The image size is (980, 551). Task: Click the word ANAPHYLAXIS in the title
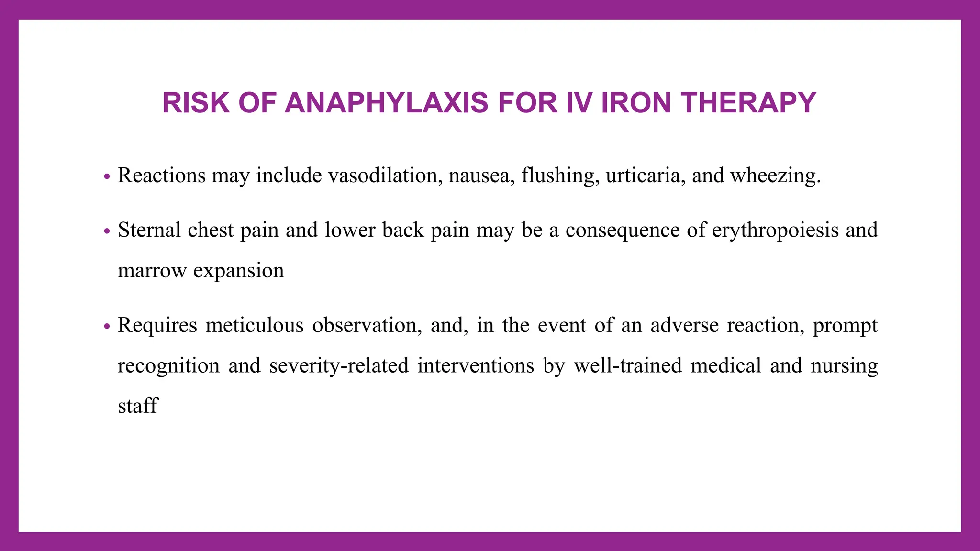[x=386, y=103]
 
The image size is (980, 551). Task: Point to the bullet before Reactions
[x=107, y=176]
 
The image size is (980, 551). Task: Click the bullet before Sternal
[x=107, y=231]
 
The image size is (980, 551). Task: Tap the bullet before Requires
[x=107, y=327]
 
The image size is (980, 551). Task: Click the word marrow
[x=152, y=271]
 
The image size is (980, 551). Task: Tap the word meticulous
[x=255, y=326]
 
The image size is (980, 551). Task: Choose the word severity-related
[x=339, y=366]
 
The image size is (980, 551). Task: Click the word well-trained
[x=628, y=366]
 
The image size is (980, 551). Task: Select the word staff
[x=138, y=406]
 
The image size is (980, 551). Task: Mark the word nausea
[x=481, y=176]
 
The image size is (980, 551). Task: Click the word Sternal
[x=149, y=230]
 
